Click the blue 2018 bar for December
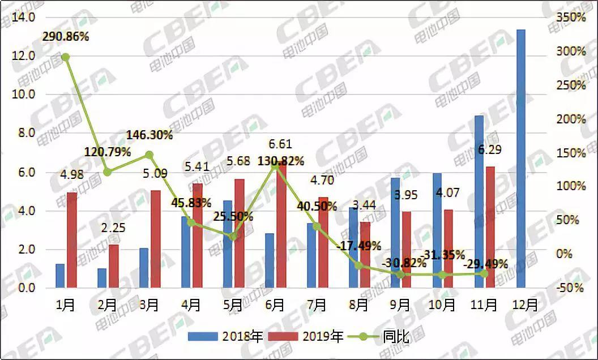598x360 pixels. pyautogui.click(x=520, y=158)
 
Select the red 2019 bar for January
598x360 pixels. pyautogui.click(x=72, y=240)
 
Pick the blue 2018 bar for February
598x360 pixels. pyautogui.click(x=102, y=278)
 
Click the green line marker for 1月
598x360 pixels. pyautogui.click(x=65, y=57)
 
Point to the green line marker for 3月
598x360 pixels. pyautogui.click(x=149, y=155)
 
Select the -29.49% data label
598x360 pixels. pyautogui.click(x=485, y=264)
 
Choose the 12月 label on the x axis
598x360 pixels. pyautogui.click(x=524, y=305)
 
